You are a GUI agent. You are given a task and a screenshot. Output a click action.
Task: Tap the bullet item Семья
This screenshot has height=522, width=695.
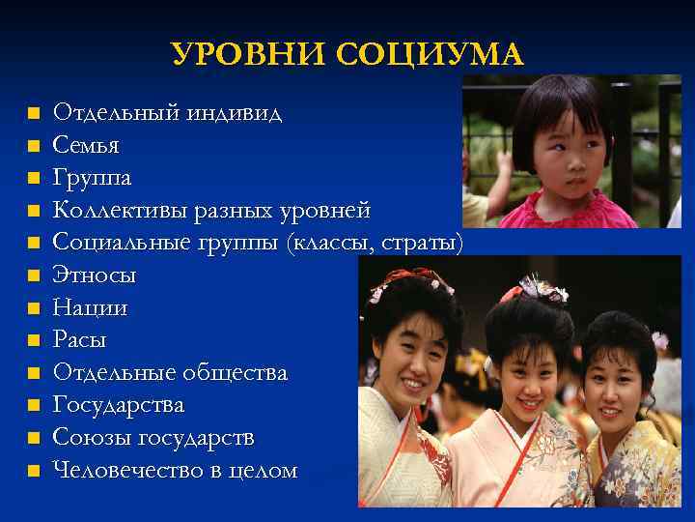coord(86,146)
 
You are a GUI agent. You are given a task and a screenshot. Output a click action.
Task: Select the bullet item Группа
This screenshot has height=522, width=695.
coord(93,179)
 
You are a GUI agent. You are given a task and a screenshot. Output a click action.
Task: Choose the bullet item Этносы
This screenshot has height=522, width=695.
coord(95,275)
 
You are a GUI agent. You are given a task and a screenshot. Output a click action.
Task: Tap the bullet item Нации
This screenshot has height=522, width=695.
coord(90,308)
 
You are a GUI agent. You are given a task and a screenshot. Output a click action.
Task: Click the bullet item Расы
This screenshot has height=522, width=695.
coord(80,340)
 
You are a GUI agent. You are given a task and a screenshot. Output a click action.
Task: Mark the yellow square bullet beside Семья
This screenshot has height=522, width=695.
coord(33,147)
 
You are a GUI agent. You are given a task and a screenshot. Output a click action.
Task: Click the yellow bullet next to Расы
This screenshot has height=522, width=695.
coord(33,341)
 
